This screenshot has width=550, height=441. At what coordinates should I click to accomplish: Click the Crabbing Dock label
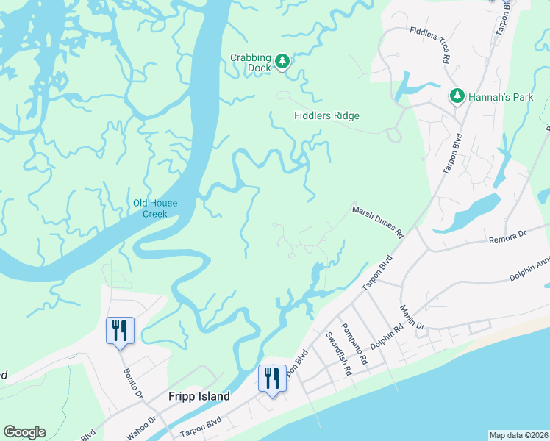(250, 62)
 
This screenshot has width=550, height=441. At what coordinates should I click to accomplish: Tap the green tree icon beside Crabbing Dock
(282, 62)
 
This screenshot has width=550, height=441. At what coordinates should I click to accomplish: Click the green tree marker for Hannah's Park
(457, 96)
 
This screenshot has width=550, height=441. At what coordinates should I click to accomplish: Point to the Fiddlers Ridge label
(326, 116)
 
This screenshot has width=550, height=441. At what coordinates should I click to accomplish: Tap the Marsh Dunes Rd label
(378, 222)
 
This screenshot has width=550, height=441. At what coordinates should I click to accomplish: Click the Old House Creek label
(155, 209)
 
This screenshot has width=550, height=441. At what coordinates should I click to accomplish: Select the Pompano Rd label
(354, 345)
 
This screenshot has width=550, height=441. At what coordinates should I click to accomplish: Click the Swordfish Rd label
(339, 354)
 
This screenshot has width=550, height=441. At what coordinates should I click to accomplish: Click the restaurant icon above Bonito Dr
(120, 330)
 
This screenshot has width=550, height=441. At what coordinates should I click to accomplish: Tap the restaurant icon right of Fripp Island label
(272, 379)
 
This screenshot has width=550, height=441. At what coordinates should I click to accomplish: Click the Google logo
(24, 432)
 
